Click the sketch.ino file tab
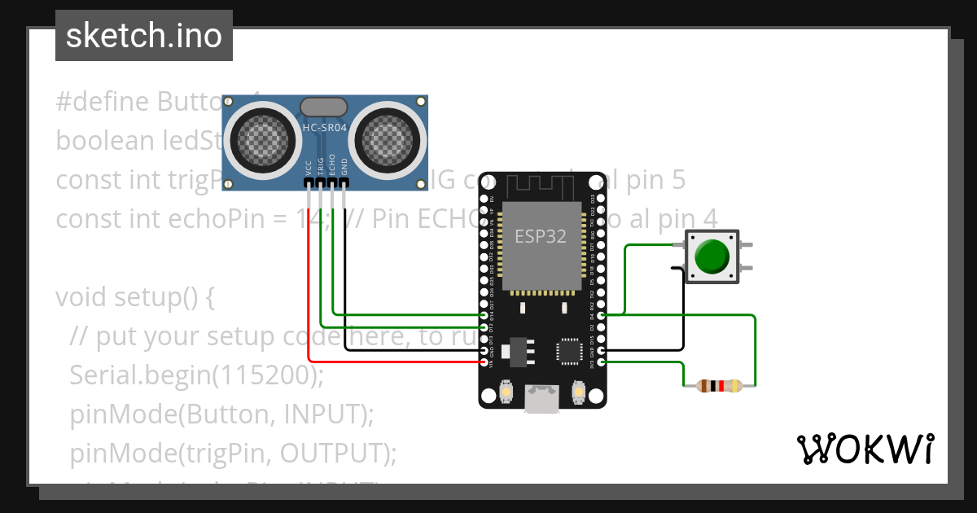click(143, 36)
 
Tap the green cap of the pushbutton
click(712, 256)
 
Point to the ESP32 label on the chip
click(541, 236)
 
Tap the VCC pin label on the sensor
click(309, 168)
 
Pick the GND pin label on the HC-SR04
click(344, 168)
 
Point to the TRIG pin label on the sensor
click(321, 167)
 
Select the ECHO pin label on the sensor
click(332, 167)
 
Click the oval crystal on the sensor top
click(325, 107)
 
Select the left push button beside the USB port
click(506, 392)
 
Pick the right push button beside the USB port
click(579, 392)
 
